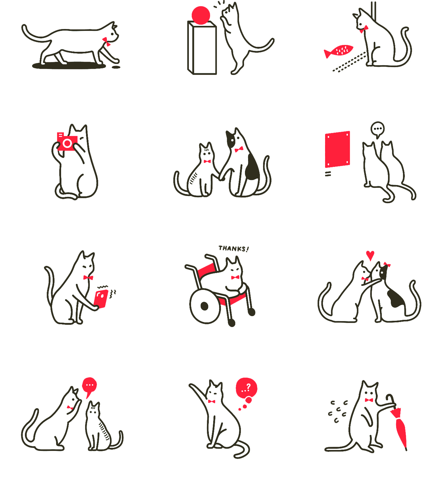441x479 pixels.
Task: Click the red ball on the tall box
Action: (201, 15)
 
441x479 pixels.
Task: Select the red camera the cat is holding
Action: (67, 142)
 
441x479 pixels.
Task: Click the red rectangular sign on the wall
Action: (338, 149)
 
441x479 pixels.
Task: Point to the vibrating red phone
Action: (101, 299)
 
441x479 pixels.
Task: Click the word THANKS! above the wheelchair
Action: (234, 249)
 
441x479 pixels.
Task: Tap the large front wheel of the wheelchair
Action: (205, 306)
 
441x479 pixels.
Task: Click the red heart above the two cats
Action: (370, 255)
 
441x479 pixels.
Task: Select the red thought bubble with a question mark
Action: (247, 388)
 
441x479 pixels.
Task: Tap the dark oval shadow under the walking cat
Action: (69, 65)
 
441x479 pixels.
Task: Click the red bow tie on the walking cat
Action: (106, 41)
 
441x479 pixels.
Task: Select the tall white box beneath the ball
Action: (202, 48)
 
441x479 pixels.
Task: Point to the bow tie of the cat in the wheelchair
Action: (235, 277)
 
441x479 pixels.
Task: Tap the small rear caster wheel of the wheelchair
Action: (232, 323)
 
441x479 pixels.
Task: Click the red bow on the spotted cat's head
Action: (387, 265)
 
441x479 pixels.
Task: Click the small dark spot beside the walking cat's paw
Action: (116, 66)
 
